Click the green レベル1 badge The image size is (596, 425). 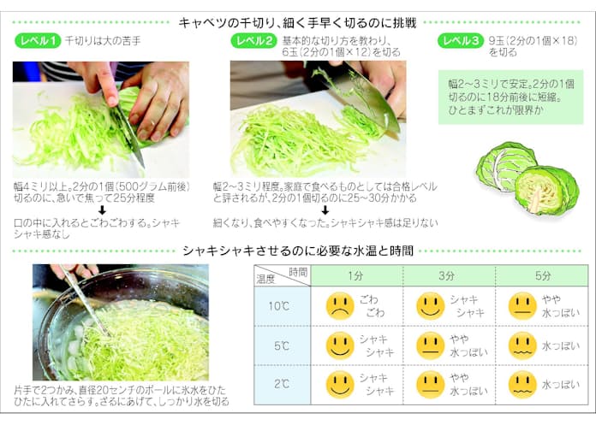38,41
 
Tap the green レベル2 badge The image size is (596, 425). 254,41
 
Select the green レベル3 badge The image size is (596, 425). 461,41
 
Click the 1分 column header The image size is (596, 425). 355,276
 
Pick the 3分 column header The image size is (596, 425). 447,276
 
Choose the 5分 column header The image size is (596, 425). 543,276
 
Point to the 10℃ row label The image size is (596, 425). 279,306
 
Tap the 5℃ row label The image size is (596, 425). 281,345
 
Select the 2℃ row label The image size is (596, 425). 281,384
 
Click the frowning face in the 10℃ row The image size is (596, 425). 340,306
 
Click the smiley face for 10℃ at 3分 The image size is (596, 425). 430,306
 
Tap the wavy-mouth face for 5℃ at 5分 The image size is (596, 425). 522,345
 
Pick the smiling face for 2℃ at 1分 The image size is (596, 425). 340,385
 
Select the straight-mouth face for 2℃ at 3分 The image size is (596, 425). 430,385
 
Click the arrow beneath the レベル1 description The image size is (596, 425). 102,210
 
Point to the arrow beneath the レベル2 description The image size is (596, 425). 325,210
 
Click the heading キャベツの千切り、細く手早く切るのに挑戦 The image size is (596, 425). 297,23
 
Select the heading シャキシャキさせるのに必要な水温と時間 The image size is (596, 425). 298,251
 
